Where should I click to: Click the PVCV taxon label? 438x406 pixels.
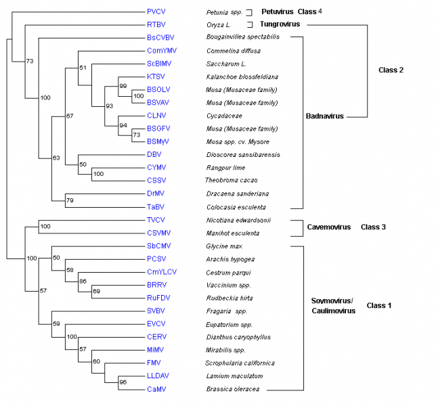click(155, 12)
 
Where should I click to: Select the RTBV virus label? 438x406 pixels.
click(155, 24)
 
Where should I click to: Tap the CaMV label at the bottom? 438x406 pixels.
click(155, 389)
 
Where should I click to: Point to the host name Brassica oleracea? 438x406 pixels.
click(233, 389)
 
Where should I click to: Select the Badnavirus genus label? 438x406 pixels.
click(326, 116)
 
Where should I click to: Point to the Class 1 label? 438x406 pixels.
click(380, 305)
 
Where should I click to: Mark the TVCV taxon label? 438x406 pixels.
click(155, 221)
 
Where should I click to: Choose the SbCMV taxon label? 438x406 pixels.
click(158, 246)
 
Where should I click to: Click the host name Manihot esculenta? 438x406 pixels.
click(233, 233)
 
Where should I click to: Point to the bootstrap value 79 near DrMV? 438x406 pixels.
click(69, 200)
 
